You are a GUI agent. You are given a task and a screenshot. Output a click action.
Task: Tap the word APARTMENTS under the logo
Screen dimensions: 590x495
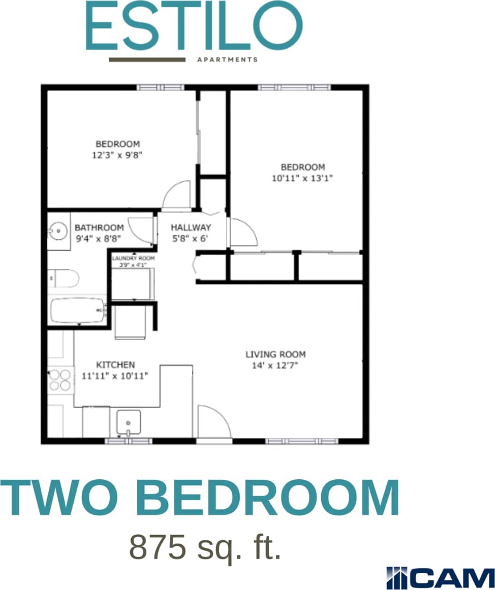click(x=227, y=59)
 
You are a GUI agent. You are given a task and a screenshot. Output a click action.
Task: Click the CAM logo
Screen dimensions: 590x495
click(x=440, y=577)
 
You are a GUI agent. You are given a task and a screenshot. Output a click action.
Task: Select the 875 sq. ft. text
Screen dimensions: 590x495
click(x=205, y=546)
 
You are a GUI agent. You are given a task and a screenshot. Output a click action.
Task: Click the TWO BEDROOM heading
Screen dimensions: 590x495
click(x=199, y=498)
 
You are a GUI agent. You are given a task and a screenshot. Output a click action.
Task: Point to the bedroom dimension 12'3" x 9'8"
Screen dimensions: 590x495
click(x=117, y=155)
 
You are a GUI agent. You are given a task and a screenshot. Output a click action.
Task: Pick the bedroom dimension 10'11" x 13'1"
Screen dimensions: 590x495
click(x=303, y=178)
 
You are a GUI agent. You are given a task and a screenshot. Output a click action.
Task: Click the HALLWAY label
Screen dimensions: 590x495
click(x=191, y=227)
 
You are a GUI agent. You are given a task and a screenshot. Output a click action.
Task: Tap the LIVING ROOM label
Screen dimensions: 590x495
click(x=275, y=354)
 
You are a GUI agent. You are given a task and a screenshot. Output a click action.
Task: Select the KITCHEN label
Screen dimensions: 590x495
click(x=116, y=365)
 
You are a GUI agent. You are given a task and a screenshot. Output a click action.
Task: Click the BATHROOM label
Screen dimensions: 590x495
click(x=99, y=227)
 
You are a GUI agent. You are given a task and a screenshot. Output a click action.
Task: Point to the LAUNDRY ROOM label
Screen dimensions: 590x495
click(x=133, y=258)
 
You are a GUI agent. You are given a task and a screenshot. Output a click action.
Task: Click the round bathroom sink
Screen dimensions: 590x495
click(x=58, y=232)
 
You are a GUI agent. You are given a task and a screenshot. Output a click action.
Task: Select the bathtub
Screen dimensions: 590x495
click(x=78, y=310)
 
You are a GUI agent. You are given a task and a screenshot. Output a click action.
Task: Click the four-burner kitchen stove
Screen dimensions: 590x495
click(x=60, y=380)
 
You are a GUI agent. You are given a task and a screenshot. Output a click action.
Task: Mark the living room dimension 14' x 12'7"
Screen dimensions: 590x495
click(x=275, y=366)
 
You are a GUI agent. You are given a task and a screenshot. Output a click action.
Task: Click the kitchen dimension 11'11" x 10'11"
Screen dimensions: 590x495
click(x=115, y=376)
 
